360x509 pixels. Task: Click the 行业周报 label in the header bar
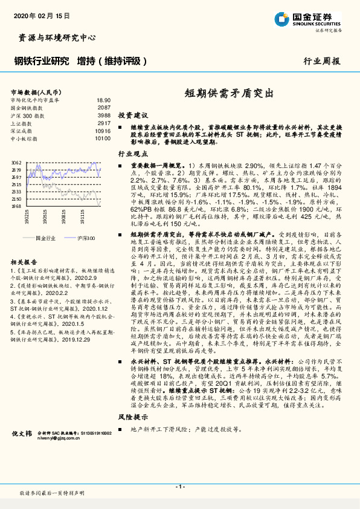(x=321, y=61)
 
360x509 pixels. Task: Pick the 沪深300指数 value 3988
(x=104, y=115)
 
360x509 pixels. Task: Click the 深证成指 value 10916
(x=102, y=131)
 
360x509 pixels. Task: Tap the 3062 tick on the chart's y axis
(x=16, y=163)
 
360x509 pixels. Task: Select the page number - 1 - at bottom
(x=179, y=487)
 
